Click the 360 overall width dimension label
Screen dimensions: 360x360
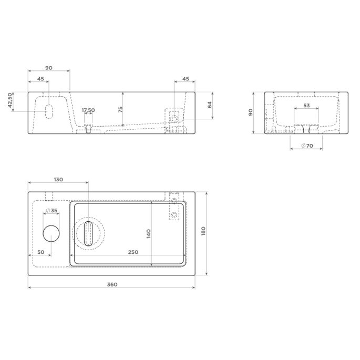click(x=111, y=284)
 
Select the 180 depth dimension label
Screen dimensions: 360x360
click(x=203, y=232)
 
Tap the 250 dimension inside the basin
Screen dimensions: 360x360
click(x=133, y=252)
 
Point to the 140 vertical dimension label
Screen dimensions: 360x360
click(x=149, y=233)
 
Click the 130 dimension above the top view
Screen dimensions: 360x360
click(x=58, y=180)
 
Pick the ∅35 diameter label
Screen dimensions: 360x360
click(x=52, y=211)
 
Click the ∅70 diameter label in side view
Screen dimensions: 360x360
click(x=306, y=146)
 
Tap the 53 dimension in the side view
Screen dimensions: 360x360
click(x=307, y=106)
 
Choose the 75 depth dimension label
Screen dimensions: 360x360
click(x=120, y=109)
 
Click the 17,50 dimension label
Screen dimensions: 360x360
click(x=88, y=110)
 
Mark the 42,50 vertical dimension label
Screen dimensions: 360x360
click(x=10, y=101)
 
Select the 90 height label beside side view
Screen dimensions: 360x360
click(x=251, y=112)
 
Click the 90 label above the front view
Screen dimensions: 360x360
click(x=48, y=68)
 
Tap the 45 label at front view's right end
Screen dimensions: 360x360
click(x=185, y=79)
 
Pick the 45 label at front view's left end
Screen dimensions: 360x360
click(x=40, y=79)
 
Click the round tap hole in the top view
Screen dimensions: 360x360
click(x=51, y=232)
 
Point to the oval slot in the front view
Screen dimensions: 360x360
click(x=49, y=111)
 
